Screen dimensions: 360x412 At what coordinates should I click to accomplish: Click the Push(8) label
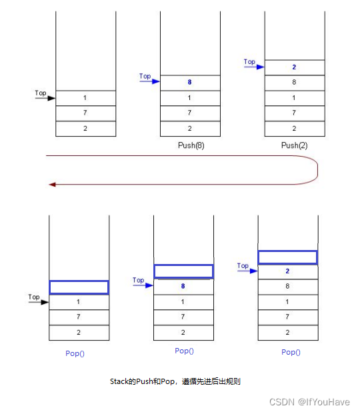191,145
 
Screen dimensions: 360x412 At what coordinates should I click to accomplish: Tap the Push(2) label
294,145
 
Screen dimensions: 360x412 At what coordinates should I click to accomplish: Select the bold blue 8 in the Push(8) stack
190,82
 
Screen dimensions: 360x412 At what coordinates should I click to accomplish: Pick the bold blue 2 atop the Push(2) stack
294,67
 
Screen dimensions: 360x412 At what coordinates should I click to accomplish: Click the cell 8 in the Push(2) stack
295,83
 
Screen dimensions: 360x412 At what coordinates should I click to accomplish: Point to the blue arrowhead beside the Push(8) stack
156,81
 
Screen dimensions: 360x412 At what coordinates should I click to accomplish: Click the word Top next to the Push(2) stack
249,62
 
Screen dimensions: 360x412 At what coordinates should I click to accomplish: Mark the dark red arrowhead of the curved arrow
52,185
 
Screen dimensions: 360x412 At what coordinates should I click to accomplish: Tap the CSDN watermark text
282,402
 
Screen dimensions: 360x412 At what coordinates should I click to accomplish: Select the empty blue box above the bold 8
183,271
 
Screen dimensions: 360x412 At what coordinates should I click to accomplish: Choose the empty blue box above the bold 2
288,257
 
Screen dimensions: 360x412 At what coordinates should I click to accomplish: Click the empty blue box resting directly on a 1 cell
79,287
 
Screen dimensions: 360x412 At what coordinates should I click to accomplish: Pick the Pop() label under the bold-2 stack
291,352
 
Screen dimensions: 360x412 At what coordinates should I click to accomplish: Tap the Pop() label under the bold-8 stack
184,351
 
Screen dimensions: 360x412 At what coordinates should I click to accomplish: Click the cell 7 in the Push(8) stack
190,113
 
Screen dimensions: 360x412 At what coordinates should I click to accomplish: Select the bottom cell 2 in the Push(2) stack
295,129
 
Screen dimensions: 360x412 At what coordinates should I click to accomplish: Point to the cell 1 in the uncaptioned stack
85,98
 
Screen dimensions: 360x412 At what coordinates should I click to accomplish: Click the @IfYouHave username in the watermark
324,402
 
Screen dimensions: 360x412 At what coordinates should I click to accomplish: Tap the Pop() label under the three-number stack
75,353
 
